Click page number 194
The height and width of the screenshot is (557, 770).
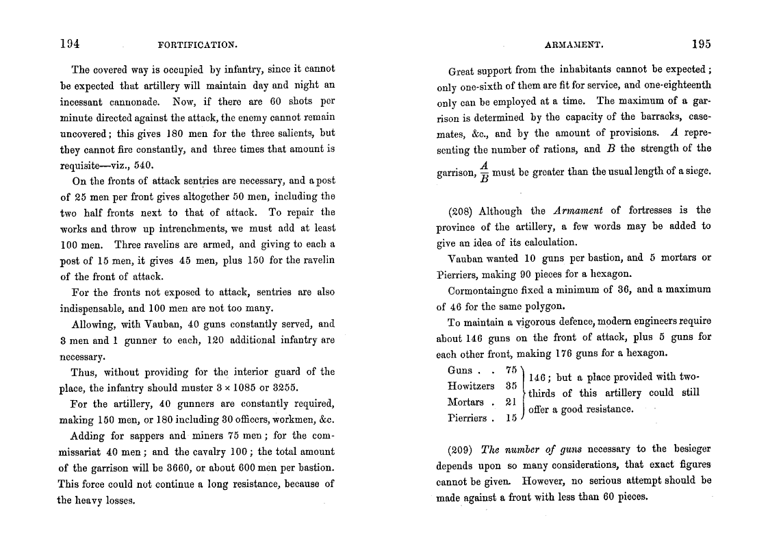[x=70, y=44]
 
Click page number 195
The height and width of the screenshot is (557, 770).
[x=701, y=44]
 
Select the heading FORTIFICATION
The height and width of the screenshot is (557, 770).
[x=197, y=45]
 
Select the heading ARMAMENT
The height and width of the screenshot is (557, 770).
[x=574, y=45]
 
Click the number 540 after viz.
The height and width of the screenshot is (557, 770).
[x=142, y=165]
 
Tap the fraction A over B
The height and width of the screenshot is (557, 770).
[x=484, y=173]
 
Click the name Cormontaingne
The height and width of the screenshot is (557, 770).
[x=484, y=290]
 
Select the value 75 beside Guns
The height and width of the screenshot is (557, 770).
[x=511, y=371]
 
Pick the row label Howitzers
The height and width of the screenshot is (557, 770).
[x=470, y=386]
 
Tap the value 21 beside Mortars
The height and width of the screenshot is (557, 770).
[x=511, y=402]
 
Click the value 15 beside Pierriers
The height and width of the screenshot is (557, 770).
[x=511, y=418]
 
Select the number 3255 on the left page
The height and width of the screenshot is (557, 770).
[x=283, y=388]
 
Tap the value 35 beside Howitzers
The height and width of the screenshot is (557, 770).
[x=511, y=386]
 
